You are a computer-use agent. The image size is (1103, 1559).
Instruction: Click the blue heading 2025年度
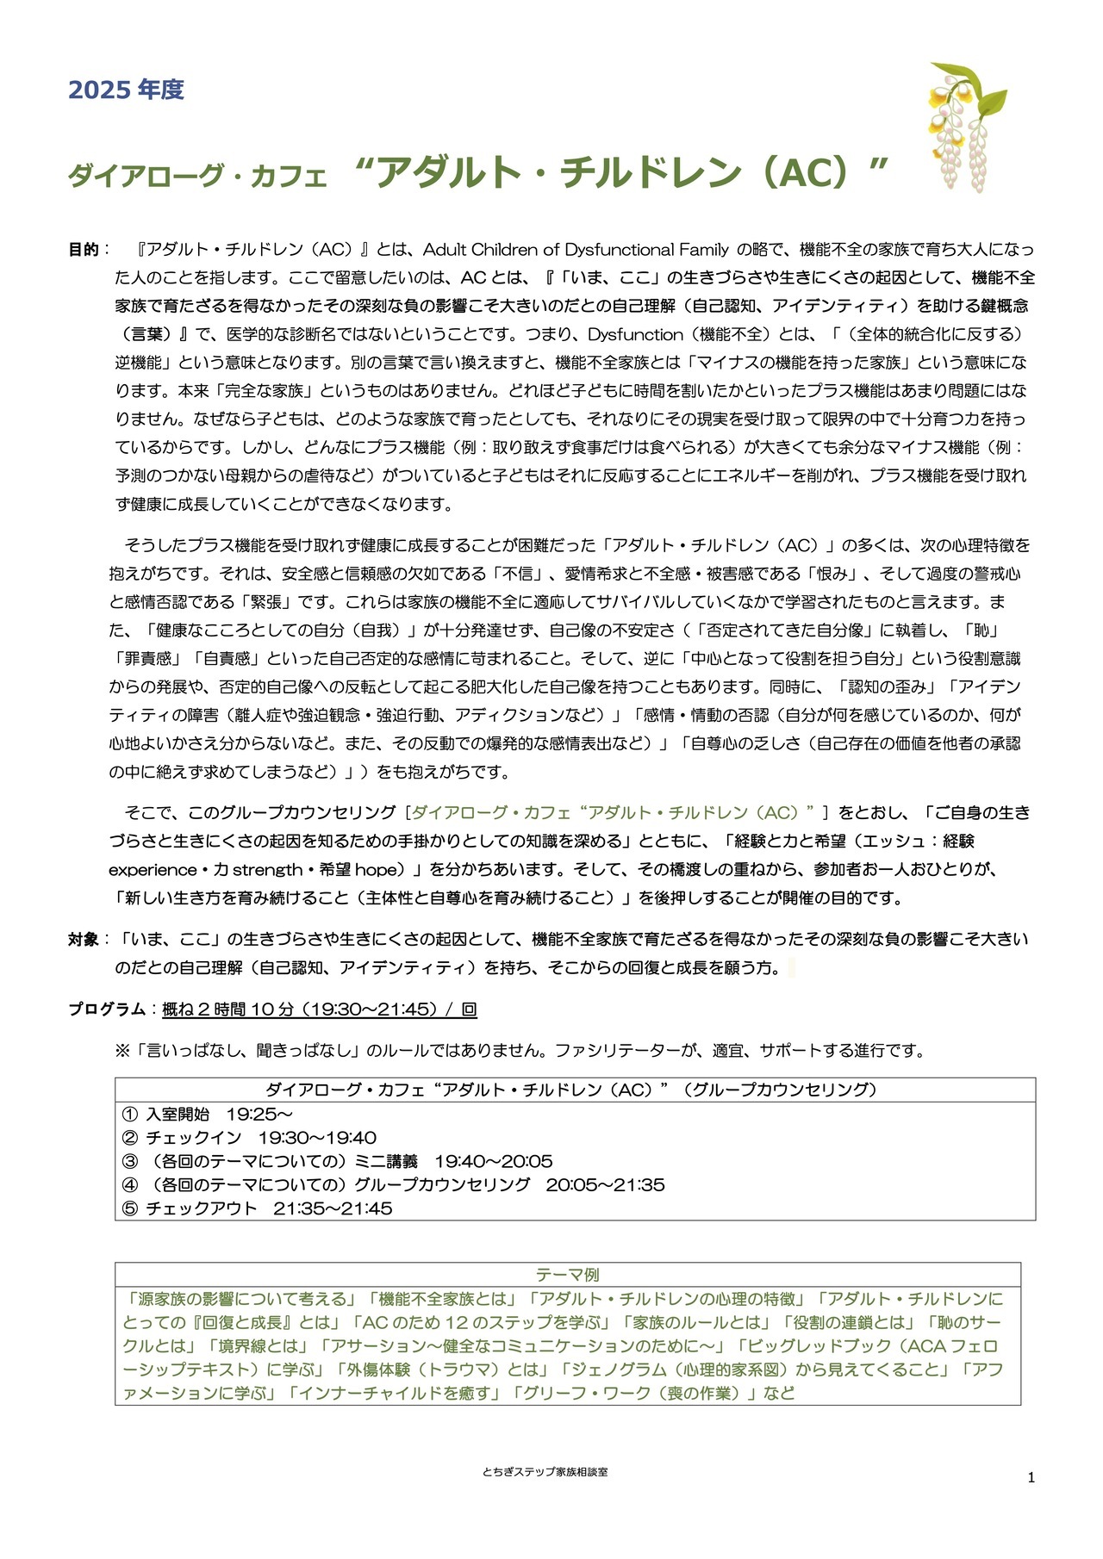(126, 90)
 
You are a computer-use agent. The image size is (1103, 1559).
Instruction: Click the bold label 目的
(84, 250)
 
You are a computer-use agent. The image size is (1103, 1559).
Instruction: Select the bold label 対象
(84, 940)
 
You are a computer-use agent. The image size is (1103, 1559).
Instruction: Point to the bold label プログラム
(107, 1009)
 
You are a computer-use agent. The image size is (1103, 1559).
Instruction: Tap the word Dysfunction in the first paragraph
(635, 334)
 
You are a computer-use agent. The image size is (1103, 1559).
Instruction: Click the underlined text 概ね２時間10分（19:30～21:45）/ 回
(319, 1009)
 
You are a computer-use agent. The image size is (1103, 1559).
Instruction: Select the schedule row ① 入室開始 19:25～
(208, 1115)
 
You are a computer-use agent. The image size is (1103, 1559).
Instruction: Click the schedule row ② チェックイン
(250, 1138)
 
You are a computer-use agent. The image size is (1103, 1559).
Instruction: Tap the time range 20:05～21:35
(605, 1184)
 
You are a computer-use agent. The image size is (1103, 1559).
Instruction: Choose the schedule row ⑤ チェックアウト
(258, 1208)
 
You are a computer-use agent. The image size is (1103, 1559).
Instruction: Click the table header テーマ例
(567, 1275)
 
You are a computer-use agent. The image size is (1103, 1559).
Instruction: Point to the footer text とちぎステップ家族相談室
(545, 1472)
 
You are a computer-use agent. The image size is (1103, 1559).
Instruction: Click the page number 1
(1031, 1478)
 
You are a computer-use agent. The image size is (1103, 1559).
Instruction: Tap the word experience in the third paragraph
(153, 870)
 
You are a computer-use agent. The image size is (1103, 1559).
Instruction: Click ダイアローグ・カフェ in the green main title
(197, 177)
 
